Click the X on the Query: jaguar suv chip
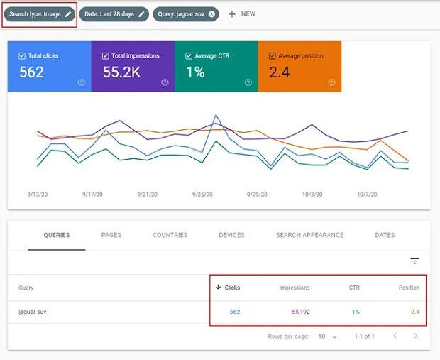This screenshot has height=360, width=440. pyautogui.click(x=211, y=13)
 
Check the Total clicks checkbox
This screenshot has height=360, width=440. pyautogui.click(x=23, y=55)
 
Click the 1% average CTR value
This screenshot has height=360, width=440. pyautogui.click(x=195, y=72)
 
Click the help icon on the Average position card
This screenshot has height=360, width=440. pyautogui.click(x=331, y=82)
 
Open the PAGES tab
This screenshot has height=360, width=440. pyautogui.click(x=111, y=235)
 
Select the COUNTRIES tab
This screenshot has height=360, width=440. pyautogui.click(x=170, y=235)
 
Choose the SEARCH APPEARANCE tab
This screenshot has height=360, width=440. pyautogui.click(x=309, y=235)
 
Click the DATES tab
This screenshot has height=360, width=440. pyautogui.click(x=385, y=235)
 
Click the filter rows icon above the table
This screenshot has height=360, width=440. pyautogui.click(x=414, y=261)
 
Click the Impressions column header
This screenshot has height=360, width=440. pyautogui.click(x=293, y=288)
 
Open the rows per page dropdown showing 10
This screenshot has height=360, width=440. pyautogui.click(x=326, y=336)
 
